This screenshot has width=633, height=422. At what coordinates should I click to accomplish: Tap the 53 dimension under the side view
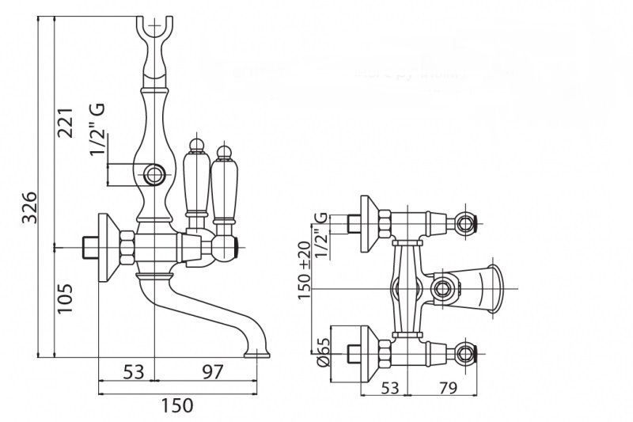pyautogui.click(x=134, y=371)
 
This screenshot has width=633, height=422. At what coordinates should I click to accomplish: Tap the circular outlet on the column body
pyautogui.click(x=154, y=173)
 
